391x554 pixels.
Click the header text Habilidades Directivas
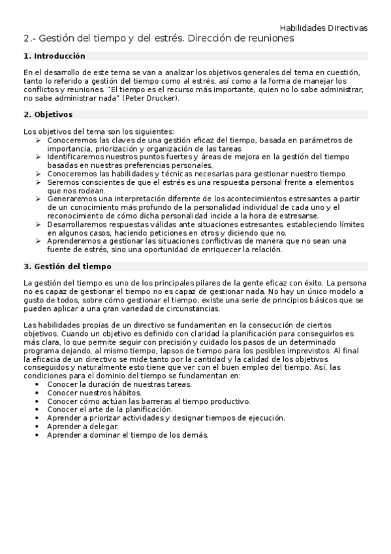point(323,28)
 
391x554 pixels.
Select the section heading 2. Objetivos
point(48,114)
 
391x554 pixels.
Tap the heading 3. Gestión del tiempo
point(67,267)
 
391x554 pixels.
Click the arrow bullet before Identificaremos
point(39,157)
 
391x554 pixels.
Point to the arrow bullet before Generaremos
point(39,199)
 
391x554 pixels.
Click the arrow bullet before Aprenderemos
point(39,241)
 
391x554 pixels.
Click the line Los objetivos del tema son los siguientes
point(99,131)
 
